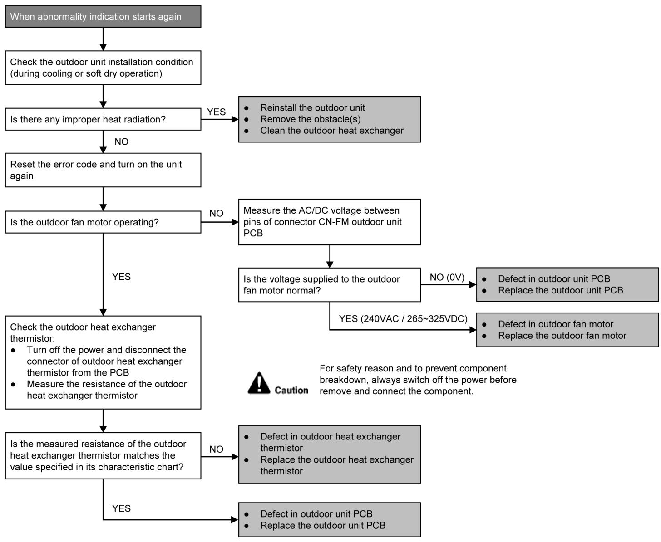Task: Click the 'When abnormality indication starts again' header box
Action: point(103,16)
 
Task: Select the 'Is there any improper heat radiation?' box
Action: point(103,119)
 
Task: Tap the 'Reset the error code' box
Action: point(103,170)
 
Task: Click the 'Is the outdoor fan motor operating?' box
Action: point(103,222)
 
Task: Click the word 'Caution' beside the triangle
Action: point(291,390)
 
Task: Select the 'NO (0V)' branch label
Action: point(447,277)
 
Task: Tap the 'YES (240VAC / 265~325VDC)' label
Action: point(403,318)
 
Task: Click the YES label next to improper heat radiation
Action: point(216,112)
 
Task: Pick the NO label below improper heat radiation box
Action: point(121,142)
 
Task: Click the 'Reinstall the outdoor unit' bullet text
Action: point(312,107)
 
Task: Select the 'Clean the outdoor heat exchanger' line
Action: point(331,130)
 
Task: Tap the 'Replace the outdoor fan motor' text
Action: point(562,335)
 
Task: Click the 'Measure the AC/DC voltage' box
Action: point(330,222)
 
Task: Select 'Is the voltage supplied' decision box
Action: point(330,285)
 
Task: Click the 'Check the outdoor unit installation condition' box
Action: point(103,68)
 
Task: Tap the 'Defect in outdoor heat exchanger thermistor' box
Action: point(330,454)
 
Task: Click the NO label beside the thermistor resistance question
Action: point(216,449)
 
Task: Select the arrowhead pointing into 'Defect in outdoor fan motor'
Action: point(473,330)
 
